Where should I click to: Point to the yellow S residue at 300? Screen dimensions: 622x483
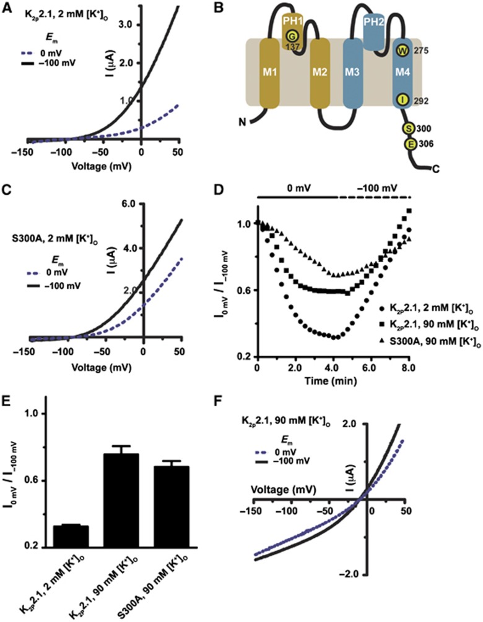(x=409, y=129)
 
